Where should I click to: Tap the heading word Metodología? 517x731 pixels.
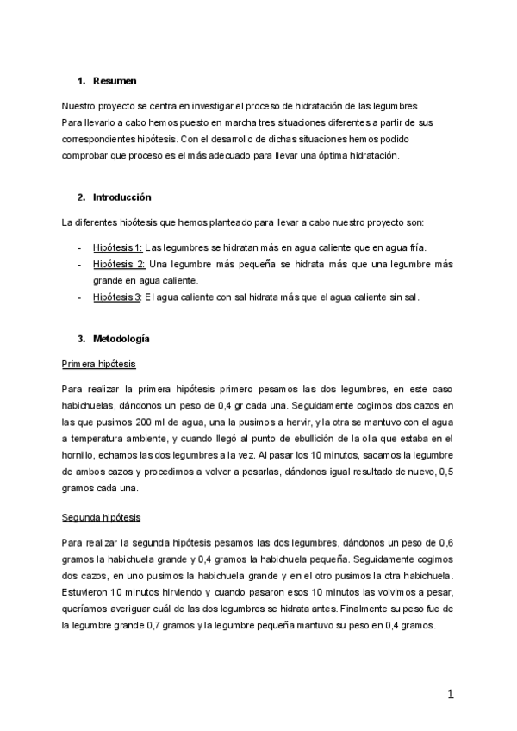121,338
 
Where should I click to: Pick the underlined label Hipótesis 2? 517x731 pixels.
119,264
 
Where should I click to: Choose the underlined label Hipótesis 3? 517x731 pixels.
117,297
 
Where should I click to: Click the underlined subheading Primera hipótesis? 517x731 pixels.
98,364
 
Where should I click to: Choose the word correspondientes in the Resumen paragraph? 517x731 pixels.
99,140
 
